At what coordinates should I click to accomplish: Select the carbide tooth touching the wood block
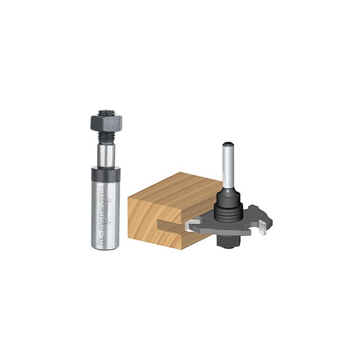tap(191, 224)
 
